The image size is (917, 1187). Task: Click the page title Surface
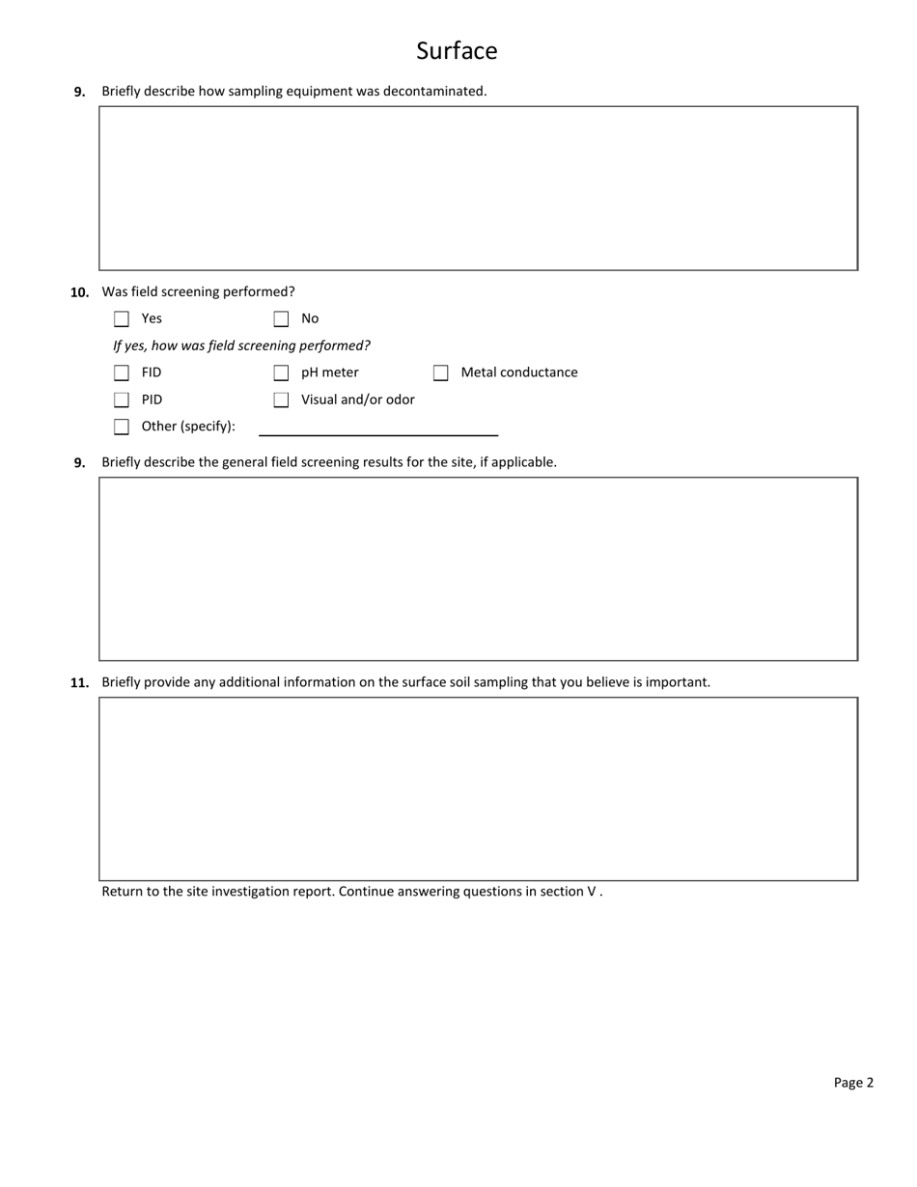[x=457, y=51]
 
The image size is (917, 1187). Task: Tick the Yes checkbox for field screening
[x=122, y=319]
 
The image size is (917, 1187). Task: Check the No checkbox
[x=281, y=319]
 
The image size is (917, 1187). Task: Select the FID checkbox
[x=122, y=373]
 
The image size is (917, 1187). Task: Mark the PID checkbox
[x=122, y=400]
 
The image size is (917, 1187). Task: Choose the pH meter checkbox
[x=281, y=373]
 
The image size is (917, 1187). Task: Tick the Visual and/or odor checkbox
[x=281, y=400]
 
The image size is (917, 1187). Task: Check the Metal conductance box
[x=441, y=373]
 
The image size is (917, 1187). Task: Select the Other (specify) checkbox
[x=122, y=428]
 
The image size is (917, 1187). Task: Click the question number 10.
[x=79, y=292]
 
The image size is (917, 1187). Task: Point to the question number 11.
[x=79, y=683]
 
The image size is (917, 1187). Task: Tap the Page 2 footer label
[x=853, y=1083]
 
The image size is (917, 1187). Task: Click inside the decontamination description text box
[x=478, y=188]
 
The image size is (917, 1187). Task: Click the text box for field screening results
[x=478, y=569]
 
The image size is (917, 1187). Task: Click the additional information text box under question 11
[x=478, y=788]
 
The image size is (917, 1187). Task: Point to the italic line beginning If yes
[x=241, y=345]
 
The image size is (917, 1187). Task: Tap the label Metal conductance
[x=519, y=373]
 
